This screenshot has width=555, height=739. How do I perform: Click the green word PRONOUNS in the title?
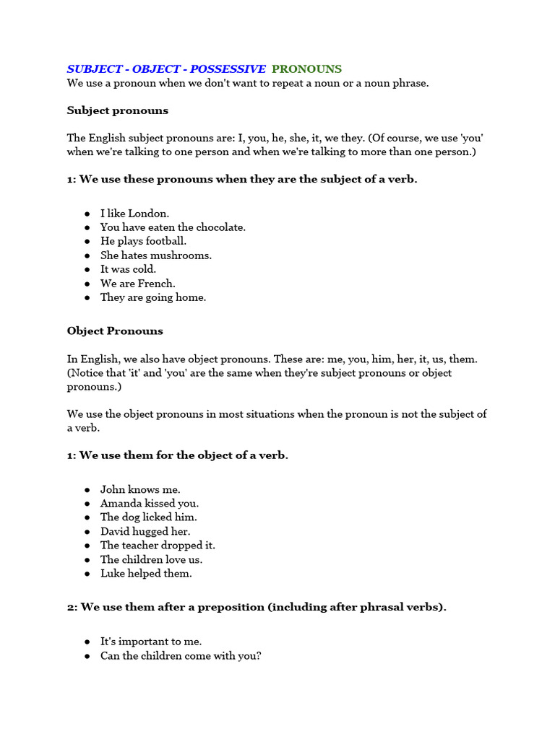(x=306, y=69)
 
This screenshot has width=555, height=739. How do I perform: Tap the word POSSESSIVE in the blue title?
(x=228, y=69)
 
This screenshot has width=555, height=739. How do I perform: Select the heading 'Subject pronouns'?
(x=118, y=110)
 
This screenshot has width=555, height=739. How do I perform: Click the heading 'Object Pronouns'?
(x=115, y=331)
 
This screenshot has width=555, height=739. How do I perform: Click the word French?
(x=156, y=284)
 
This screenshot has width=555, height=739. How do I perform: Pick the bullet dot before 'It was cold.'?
(x=87, y=269)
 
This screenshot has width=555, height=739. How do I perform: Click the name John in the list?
(x=113, y=489)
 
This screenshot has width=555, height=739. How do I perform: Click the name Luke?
(x=112, y=574)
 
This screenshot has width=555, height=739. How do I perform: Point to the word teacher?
(x=142, y=546)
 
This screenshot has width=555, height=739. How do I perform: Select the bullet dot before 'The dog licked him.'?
(x=87, y=517)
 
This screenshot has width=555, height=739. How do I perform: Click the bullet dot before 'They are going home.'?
(x=87, y=298)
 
